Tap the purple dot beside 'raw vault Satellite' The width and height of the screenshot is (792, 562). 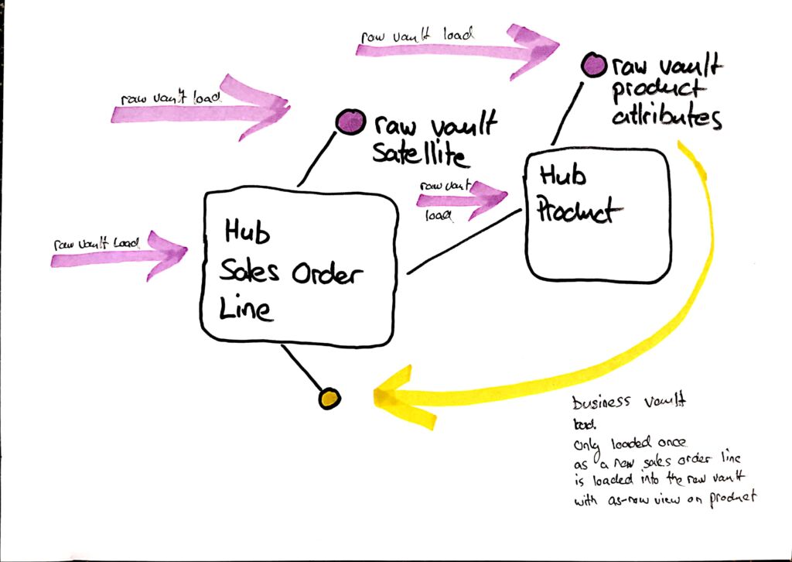(350, 122)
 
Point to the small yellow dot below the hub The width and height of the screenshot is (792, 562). (329, 399)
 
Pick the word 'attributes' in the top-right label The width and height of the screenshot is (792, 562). (667, 118)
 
